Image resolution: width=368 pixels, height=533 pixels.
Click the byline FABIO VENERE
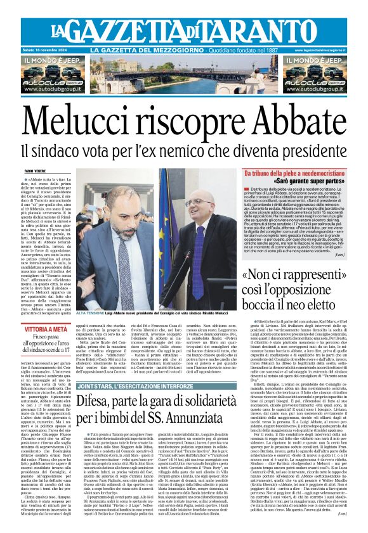tap(36, 170)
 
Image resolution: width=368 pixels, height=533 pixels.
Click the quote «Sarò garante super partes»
tap(305, 181)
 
